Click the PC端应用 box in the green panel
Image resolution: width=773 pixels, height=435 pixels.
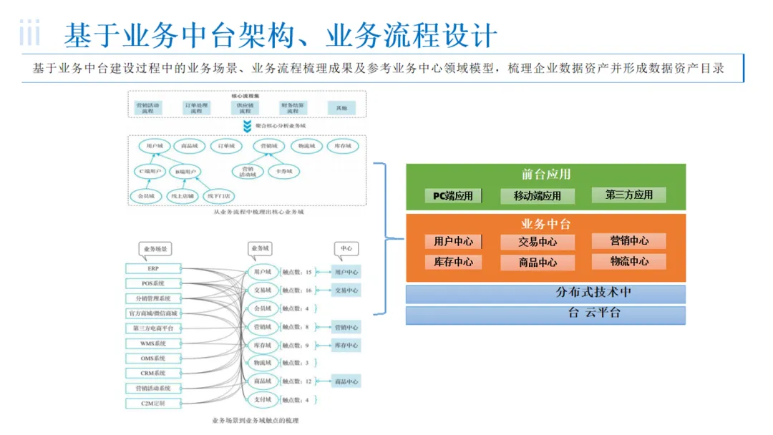pyautogui.click(x=453, y=195)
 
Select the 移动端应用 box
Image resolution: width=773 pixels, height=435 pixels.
pyautogui.click(x=537, y=195)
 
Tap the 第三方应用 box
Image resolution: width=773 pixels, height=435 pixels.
pyautogui.click(x=629, y=194)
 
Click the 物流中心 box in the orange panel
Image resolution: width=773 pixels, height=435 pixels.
pyautogui.click(x=629, y=261)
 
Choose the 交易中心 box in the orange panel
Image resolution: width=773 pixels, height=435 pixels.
pyautogui.click(x=537, y=242)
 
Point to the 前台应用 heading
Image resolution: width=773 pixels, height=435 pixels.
pyautogui.click(x=545, y=174)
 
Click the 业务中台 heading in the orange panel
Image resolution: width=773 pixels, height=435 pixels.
pyautogui.click(x=545, y=224)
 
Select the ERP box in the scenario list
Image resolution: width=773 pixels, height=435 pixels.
pyautogui.click(x=153, y=268)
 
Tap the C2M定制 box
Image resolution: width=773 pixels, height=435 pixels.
pyautogui.click(x=153, y=404)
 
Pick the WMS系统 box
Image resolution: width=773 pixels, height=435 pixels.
pyautogui.click(x=153, y=343)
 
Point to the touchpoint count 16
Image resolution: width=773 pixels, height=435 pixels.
pyautogui.click(x=308, y=290)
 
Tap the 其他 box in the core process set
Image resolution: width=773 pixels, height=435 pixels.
pyautogui.click(x=341, y=108)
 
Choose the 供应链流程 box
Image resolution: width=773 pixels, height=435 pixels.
pyautogui.click(x=245, y=108)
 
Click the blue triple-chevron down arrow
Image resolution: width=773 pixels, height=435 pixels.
pyautogui.click(x=247, y=126)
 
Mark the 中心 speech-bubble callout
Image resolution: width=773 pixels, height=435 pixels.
pyautogui.click(x=346, y=248)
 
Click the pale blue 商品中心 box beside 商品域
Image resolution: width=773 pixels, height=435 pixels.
pyautogui.click(x=346, y=381)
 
